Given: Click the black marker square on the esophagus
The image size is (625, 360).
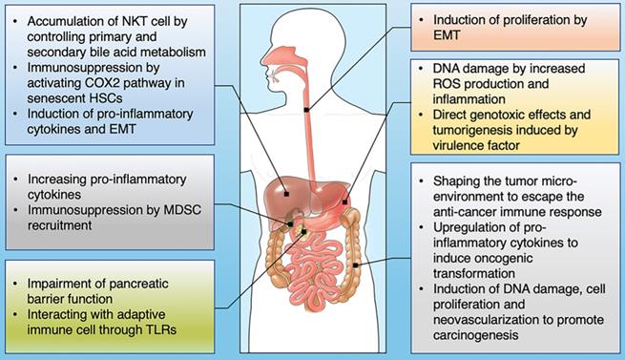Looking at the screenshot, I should pos(305,110).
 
